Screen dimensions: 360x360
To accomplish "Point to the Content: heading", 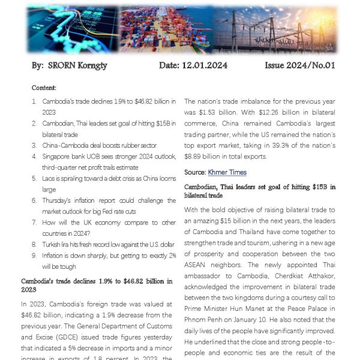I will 44,88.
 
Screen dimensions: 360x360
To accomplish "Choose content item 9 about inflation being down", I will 108,260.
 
